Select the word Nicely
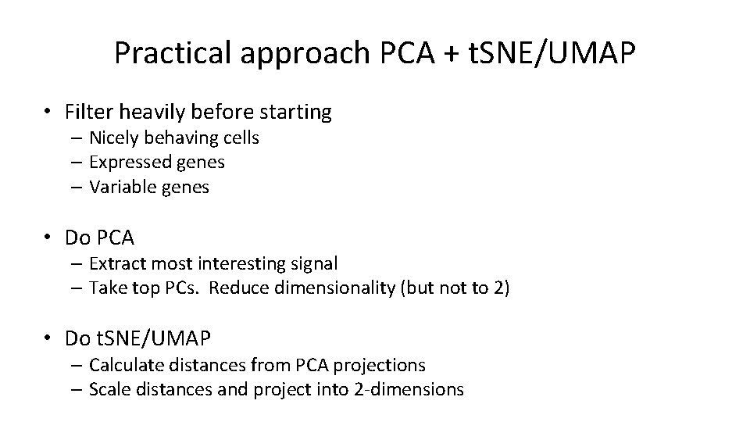pos(115,138)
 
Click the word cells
pos(240,138)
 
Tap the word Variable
pos(122,187)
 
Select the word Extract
pos(116,264)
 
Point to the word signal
pos(312,264)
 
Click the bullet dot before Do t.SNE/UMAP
pos(49,338)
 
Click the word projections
pos(381,365)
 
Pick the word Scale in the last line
pos(111,388)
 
